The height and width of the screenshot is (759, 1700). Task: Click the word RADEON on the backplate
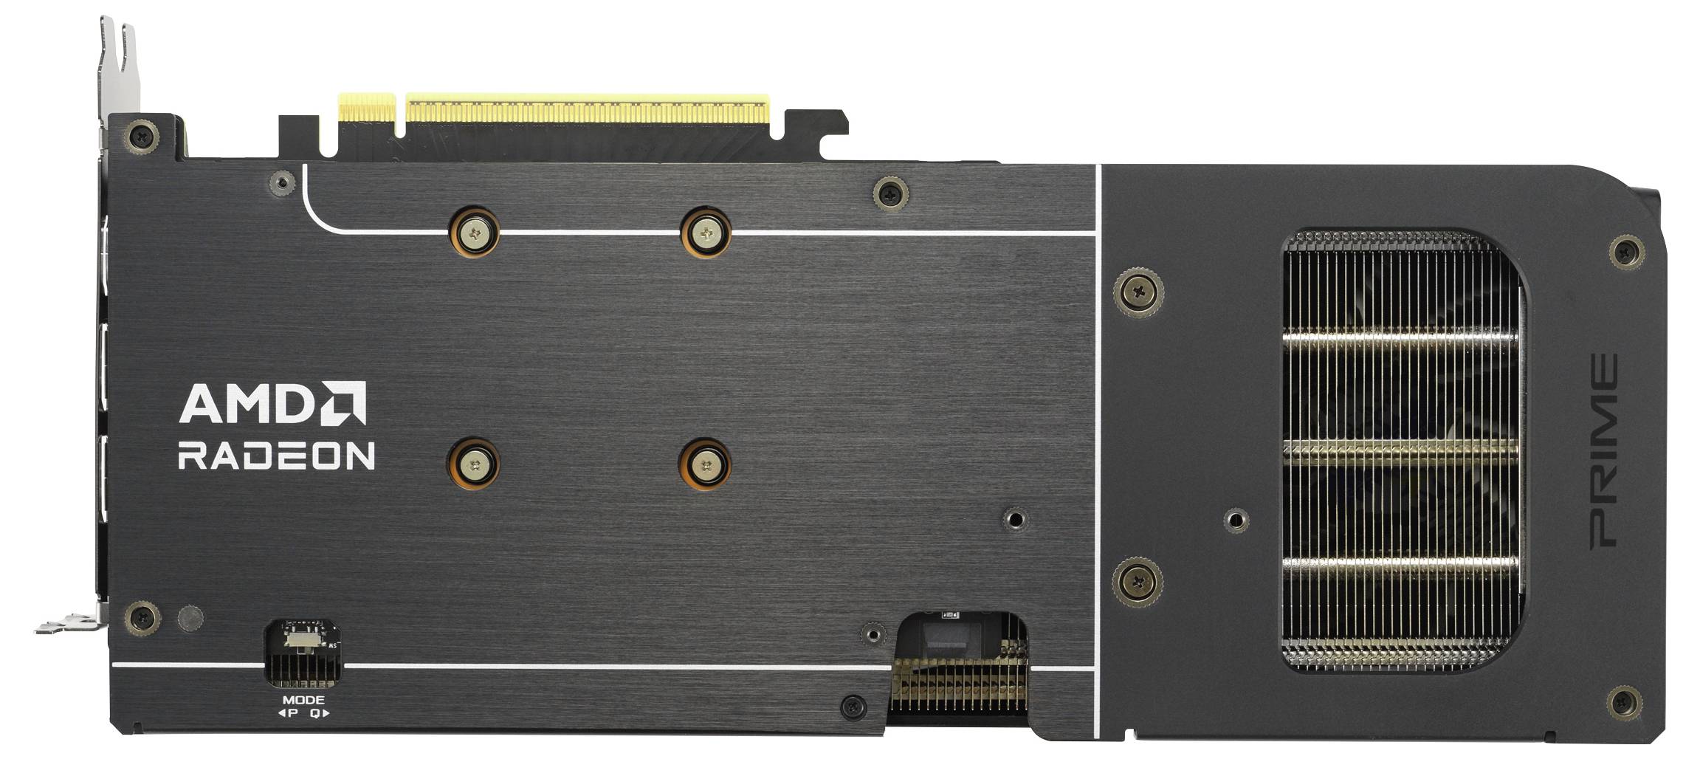(x=276, y=456)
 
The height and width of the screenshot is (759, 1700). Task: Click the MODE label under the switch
(x=303, y=700)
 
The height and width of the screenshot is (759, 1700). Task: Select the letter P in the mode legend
(x=292, y=713)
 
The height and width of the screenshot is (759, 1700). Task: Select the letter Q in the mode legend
(x=315, y=713)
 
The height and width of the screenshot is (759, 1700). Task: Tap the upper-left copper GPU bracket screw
(x=473, y=233)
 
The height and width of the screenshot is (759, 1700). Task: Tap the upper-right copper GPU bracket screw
(x=706, y=233)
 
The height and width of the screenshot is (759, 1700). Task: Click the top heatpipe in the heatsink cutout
(x=1400, y=338)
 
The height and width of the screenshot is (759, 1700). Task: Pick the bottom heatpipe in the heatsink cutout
(x=1400, y=564)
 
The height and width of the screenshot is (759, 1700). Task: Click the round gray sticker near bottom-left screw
(x=190, y=618)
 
